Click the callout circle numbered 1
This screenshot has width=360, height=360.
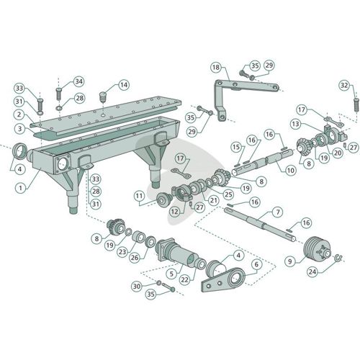(x=20, y=188)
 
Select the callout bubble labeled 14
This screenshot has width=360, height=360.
(x=124, y=85)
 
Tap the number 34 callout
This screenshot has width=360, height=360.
(x=78, y=81)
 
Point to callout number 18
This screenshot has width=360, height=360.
(x=216, y=67)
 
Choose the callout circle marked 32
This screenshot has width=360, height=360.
(x=344, y=86)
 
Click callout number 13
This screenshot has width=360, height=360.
(x=295, y=124)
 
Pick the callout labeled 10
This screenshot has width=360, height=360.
(x=290, y=171)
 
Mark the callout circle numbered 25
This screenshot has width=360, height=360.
(x=228, y=194)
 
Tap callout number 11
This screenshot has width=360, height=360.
(x=139, y=196)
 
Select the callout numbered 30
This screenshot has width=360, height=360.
(x=137, y=286)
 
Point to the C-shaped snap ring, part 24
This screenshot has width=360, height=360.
(x=338, y=258)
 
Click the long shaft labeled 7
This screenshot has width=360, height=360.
(x=260, y=224)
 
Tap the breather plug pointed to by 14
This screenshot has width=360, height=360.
(x=103, y=96)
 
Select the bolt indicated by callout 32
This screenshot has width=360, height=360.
(x=356, y=105)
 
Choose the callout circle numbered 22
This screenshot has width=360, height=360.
(x=185, y=280)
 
